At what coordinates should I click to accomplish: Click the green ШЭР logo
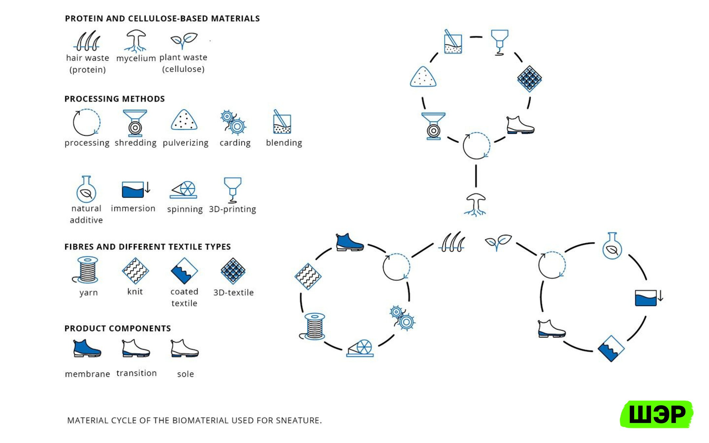click(x=656, y=414)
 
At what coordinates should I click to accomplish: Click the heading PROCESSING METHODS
click(x=115, y=99)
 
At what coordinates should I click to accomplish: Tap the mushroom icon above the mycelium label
click(x=135, y=41)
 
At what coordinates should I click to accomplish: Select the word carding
click(x=235, y=143)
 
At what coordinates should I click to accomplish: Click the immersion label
click(x=133, y=208)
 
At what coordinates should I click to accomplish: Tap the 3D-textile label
click(x=233, y=292)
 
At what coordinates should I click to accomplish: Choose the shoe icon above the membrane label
click(x=87, y=348)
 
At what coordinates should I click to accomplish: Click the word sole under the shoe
click(x=185, y=374)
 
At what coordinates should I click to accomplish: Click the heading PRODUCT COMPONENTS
click(x=118, y=328)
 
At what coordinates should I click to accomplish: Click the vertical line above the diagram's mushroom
click(x=476, y=176)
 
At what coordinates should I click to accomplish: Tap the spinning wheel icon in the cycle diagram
click(x=360, y=348)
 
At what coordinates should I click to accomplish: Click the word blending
click(x=284, y=143)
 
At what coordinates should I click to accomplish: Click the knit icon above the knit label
click(x=135, y=271)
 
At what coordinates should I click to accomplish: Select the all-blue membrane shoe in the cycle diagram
click(x=350, y=242)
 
